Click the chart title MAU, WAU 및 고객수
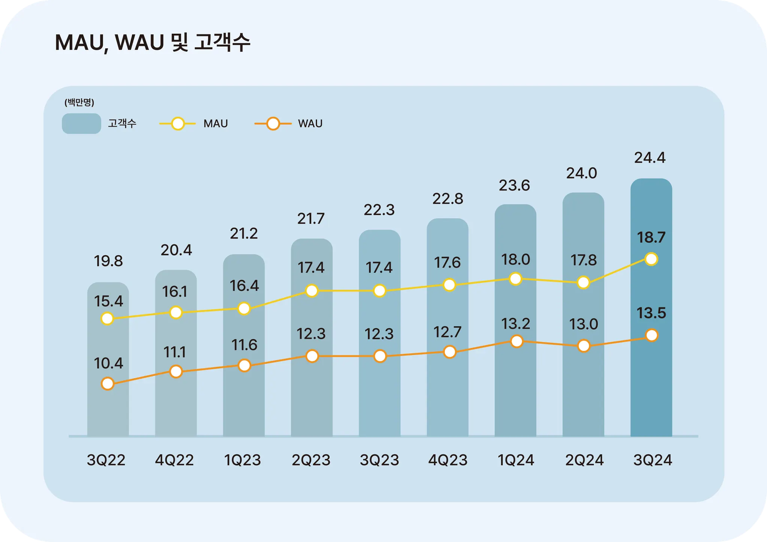[152, 42]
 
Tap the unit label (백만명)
[79, 102]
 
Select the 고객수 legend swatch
[81, 124]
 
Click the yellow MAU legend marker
[178, 124]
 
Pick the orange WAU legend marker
[273, 124]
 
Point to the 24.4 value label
[650, 158]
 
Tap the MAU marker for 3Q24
[651, 259]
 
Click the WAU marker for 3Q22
[107, 384]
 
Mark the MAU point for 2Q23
[312, 290]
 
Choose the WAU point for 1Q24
[516, 341]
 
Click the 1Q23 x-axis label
[242, 460]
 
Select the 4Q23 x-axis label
[448, 460]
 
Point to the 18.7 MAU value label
[651, 238]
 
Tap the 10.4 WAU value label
[108, 363]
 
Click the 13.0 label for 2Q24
[583, 324]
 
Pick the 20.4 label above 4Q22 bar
[176, 250]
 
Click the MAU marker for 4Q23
[449, 285]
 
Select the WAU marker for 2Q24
[583, 346]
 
